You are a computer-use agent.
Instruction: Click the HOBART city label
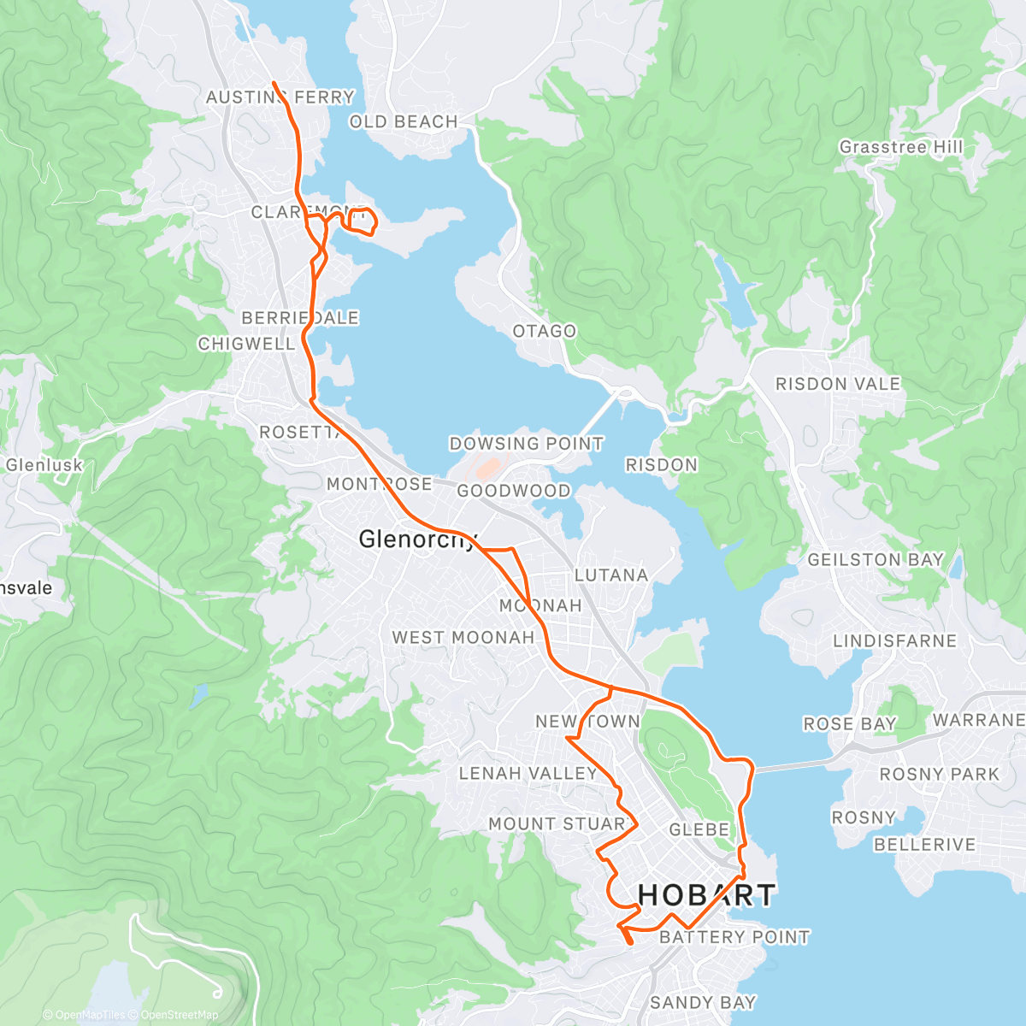(x=706, y=895)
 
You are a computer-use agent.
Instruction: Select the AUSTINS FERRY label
(x=280, y=97)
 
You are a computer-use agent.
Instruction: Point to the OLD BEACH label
(x=404, y=122)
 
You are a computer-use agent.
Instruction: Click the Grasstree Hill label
(x=900, y=147)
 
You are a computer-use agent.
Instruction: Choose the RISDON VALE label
(x=837, y=384)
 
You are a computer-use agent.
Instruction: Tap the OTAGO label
(x=544, y=331)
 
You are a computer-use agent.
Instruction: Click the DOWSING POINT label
(x=526, y=444)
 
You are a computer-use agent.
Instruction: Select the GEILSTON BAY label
(x=875, y=560)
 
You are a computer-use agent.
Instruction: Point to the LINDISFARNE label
(x=894, y=641)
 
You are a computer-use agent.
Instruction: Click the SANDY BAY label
(x=703, y=1002)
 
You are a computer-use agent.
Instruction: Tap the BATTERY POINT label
(x=734, y=937)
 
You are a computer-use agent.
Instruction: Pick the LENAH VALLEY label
(x=528, y=774)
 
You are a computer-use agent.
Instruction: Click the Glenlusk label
(x=44, y=466)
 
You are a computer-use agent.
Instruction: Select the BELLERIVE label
(x=923, y=845)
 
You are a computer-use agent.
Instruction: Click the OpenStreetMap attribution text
(x=179, y=1015)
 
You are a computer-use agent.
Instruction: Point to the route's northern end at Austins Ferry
(x=274, y=82)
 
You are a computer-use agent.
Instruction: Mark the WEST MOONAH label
(x=463, y=638)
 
